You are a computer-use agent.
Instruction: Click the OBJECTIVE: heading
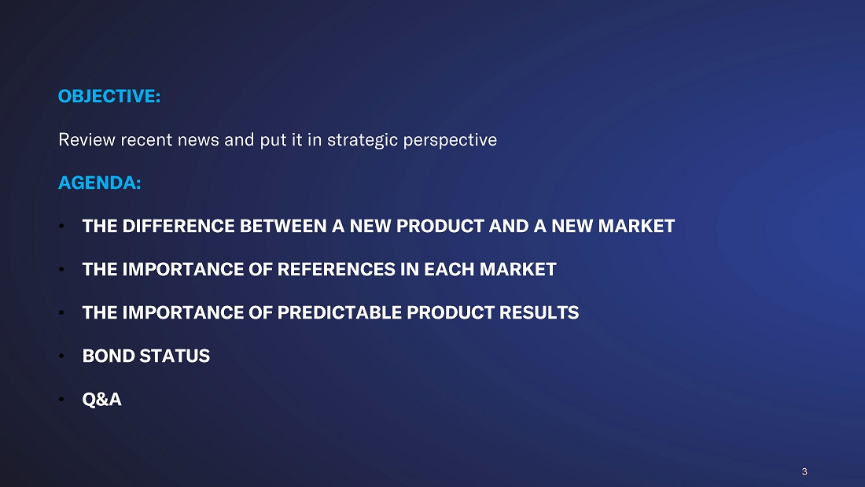pyautogui.click(x=109, y=96)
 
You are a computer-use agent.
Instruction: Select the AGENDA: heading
pyautogui.click(x=99, y=183)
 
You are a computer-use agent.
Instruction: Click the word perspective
pyautogui.click(x=450, y=141)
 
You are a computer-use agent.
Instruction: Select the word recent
pyautogui.click(x=146, y=140)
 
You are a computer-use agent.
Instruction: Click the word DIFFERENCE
pyautogui.click(x=179, y=226)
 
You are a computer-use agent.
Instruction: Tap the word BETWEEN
pyautogui.click(x=283, y=226)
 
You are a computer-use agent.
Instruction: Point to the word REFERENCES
pyautogui.click(x=336, y=269)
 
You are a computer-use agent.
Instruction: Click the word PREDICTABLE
pyautogui.click(x=339, y=312)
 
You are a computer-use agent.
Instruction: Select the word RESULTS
pyautogui.click(x=539, y=312)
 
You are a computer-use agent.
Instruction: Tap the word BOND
pyautogui.click(x=109, y=356)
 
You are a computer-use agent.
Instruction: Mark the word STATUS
pyautogui.click(x=175, y=356)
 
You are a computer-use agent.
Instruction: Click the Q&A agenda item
pyautogui.click(x=101, y=399)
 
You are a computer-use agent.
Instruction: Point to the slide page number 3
pyautogui.click(x=804, y=471)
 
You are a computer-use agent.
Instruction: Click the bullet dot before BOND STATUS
pyautogui.click(x=61, y=356)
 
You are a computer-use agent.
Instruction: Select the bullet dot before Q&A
pyautogui.click(x=61, y=399)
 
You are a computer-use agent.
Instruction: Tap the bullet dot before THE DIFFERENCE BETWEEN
pyautogui.click(x=61, y=226)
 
